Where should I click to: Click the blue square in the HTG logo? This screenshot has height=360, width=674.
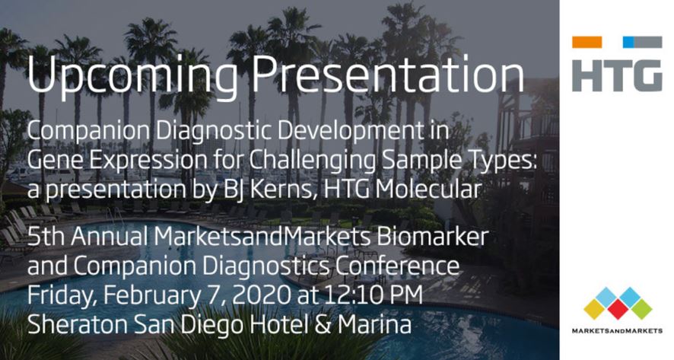click(628, 43)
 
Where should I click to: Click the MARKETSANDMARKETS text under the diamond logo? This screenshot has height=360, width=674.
click(618, 330)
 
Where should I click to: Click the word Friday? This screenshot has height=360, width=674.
click(57, 295)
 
